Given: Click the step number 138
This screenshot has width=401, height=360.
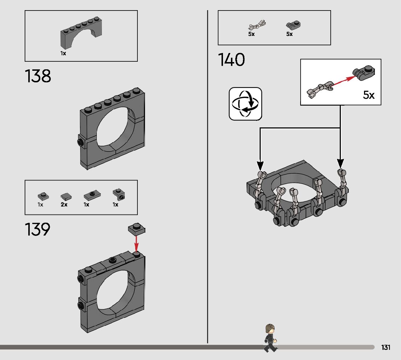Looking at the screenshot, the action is click(x=38, y=77).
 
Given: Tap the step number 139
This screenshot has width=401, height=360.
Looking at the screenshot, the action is click(x=37, y=230).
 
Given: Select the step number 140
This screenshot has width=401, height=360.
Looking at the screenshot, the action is click(x=231, y=60).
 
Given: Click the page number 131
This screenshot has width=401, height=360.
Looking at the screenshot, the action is click(x=386, y=348).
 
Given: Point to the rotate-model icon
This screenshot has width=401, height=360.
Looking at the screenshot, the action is click(x=245, y=104).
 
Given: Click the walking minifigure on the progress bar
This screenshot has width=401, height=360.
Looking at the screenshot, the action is click(x=269, y=338).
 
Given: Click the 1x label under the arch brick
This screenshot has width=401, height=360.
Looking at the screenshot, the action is click(x=63, y=53).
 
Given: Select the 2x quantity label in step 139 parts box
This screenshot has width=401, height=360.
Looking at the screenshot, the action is click(x=64, y=205).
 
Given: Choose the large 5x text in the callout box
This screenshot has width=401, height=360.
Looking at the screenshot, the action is click(x=369, y=95).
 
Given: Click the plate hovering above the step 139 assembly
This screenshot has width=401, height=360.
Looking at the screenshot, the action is click(x=137, y=229).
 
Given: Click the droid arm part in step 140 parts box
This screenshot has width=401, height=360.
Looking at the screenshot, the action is click(x=257, y=26).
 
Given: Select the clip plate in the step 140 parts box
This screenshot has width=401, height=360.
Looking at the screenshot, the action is click(x=294, y=25).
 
